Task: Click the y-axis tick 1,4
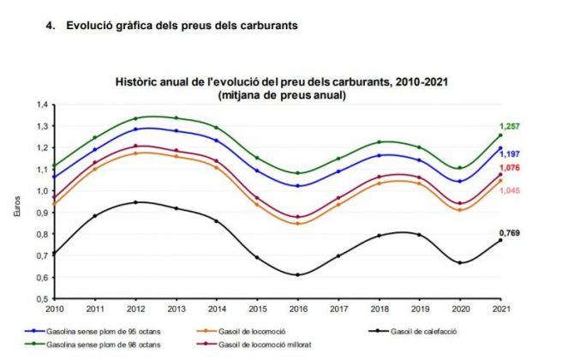41,105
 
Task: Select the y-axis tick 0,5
41,298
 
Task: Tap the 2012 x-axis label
136,309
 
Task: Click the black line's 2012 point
136,202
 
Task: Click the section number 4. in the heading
50,26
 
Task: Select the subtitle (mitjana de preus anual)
282,93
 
